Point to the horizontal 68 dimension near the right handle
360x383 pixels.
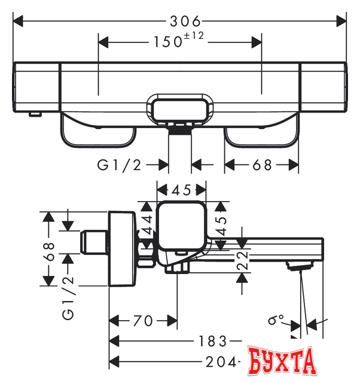tap(261, 165)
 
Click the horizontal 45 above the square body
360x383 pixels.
tap(181, 190)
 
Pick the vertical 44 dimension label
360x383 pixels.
tap(147, 223)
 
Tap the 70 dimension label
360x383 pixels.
tap(143, 321)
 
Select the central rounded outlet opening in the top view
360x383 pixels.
tap(180, 109)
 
